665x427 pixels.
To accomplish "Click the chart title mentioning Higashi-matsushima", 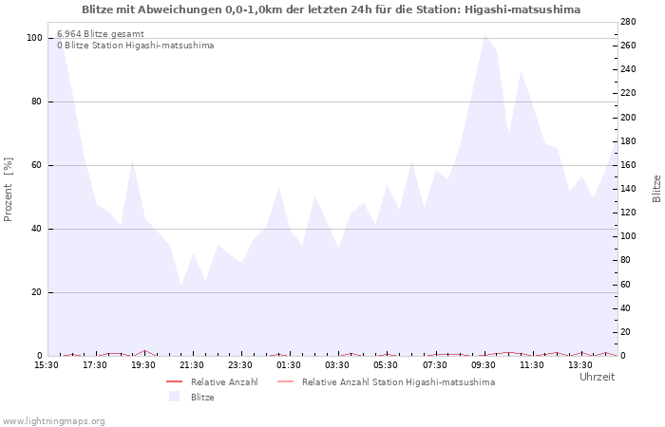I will [x=332, y=9].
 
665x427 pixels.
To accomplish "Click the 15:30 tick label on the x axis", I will [x=46, y=365].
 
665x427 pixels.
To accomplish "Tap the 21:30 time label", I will [x=192, y=365].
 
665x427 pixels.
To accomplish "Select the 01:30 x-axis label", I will [x=289, y=365].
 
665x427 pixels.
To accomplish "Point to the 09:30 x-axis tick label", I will [x=484, y=365].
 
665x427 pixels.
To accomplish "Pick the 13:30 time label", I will [x=580, y=365].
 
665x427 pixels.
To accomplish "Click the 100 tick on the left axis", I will [x=34, y=38].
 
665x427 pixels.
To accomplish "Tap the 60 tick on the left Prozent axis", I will [x=37, y=165].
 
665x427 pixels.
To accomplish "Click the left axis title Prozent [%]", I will [x=9, y=190].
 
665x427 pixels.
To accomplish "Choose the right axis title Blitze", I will [x=656, y=188].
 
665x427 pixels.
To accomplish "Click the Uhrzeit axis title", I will [x=597, y=377].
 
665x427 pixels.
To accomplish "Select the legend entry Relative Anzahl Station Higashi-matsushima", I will [x=398, y=382].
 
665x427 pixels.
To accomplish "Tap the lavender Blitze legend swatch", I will [x=174, y=397].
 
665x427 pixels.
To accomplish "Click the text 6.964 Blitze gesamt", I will [x=101, y=34].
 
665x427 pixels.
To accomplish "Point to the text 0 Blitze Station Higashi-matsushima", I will [x=135, y=46].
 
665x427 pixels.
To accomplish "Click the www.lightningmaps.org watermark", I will [x=54, y=420].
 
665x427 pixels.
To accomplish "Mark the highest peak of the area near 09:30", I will [x=484, y=35].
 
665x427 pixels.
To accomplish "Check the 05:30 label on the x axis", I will [x=386, y=365].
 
